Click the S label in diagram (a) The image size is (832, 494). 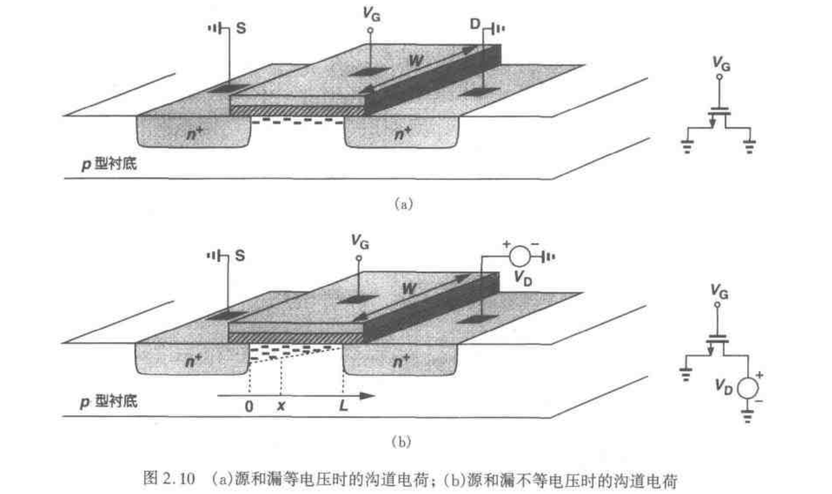point(241,28)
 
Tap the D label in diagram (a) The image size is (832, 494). point(475,24)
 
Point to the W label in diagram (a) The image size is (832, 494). point(415,61)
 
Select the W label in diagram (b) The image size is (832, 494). point(409,289)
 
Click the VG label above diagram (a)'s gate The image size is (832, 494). point(371,14)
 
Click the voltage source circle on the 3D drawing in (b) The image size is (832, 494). point(520,256)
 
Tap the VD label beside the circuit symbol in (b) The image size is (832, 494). point(723,386)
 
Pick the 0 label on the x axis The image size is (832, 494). point(249,406)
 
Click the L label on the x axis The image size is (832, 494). point(343,406)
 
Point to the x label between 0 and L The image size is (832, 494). point(281,407)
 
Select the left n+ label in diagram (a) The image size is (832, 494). point(194,133)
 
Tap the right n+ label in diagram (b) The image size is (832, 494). point(401,361)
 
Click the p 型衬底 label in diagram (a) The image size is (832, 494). point(109,164)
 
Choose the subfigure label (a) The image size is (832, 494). point(403,204)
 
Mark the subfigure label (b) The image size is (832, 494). point(401,442)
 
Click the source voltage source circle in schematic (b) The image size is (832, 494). point(747,387)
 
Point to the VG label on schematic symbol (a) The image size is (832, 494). point(721,64)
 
